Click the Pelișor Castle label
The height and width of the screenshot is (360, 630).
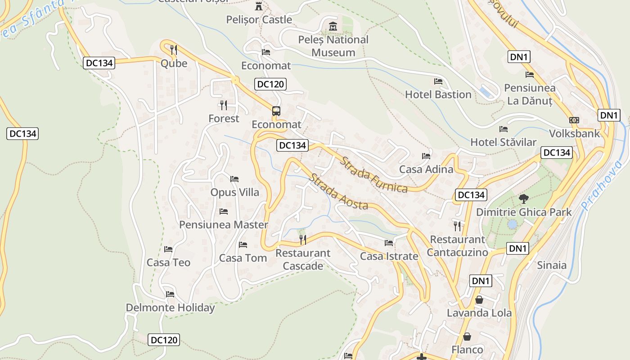pos(259,20)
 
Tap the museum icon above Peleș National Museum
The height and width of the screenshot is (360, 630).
pos(333,27)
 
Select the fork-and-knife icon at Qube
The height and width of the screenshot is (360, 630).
pos(174,49)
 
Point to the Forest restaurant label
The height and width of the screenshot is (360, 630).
pos(224,118)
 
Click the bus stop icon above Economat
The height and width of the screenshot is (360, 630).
pos(276,111)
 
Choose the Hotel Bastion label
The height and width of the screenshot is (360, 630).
pos(438,94)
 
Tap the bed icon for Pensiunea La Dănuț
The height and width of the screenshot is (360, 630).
pos(530,75)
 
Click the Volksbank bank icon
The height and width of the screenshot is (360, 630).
pos(574,120)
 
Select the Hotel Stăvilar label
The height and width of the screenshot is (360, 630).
pos(503,142)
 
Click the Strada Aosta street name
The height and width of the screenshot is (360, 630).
pos(338,192)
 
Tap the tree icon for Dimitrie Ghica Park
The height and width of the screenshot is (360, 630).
pos(523,198)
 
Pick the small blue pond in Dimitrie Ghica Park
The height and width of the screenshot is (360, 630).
pos(512,224)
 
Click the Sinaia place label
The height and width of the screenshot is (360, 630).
pos(552,265)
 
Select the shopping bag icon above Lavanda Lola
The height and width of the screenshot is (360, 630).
pos(479,300)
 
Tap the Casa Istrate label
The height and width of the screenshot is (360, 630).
pos(389,256)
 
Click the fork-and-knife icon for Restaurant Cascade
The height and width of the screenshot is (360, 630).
pos(303,240)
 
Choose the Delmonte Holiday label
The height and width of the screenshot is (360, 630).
pos(170,308)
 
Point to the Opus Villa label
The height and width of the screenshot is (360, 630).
pos(234,192)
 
